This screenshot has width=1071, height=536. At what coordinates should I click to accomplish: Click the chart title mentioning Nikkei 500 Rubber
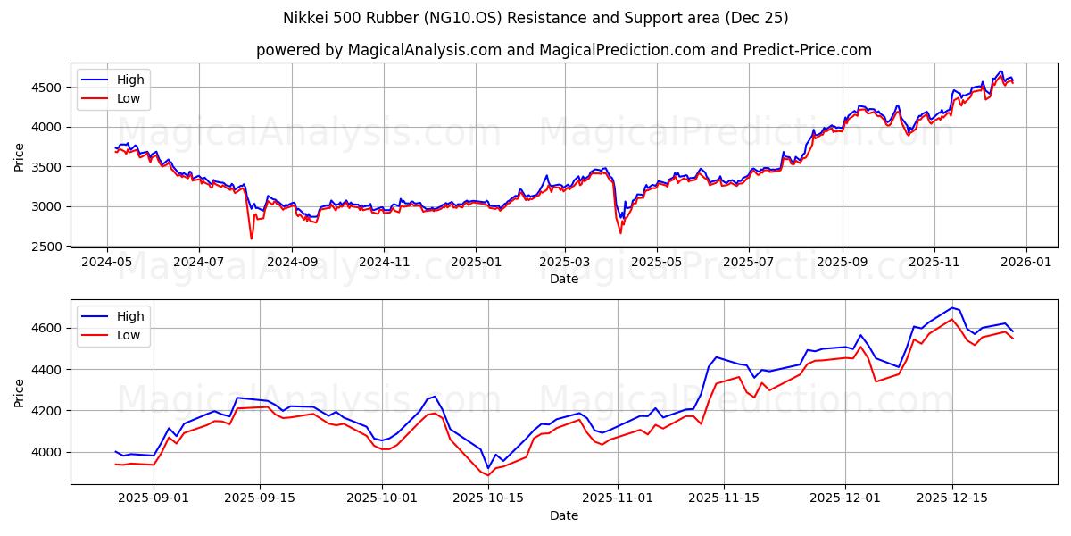click(535, 18)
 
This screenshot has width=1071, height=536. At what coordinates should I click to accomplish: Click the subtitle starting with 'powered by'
click(563, 50)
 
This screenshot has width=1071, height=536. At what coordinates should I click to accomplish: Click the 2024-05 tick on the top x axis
click(106, 264)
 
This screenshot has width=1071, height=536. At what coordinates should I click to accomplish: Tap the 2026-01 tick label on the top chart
click(1025, 264)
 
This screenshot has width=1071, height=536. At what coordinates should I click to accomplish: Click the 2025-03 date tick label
click(565, 264)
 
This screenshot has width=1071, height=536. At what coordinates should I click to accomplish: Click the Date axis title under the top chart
click(563, 279)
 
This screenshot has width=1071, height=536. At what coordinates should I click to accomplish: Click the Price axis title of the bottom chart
click(20, 392)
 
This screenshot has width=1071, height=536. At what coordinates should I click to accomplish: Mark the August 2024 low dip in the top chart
click(251, 238)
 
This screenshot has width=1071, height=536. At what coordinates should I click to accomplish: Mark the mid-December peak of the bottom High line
click(951, 307)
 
